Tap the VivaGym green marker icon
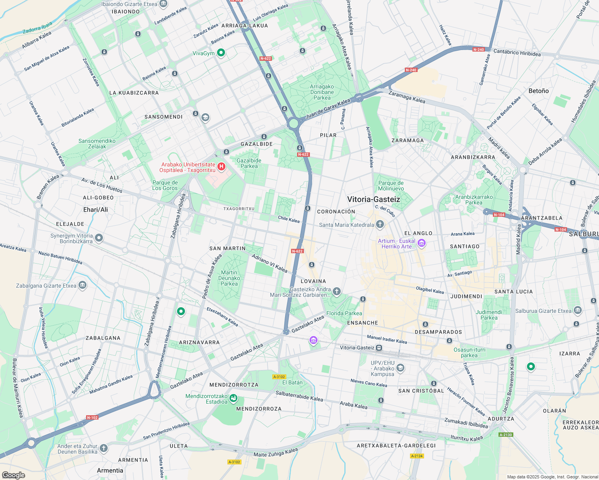(221, 53)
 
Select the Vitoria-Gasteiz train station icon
(379, 348)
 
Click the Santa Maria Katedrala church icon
(380, 224)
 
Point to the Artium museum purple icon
(421, 243)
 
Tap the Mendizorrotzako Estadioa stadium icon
(234, 398)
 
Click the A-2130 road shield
(506, 435)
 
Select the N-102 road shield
(92, 418)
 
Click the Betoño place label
(539, 91)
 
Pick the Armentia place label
(110, 470)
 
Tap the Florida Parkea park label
(344, 313)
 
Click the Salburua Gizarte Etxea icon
(577, 310)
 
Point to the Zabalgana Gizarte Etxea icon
(82, 285)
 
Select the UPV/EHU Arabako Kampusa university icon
(400, 368)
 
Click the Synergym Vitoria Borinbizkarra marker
(99, 238)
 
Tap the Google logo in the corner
(14, 475)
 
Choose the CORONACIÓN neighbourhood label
(336, 212)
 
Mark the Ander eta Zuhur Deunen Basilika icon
(104, 448)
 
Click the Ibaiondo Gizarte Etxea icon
(163, 4)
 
